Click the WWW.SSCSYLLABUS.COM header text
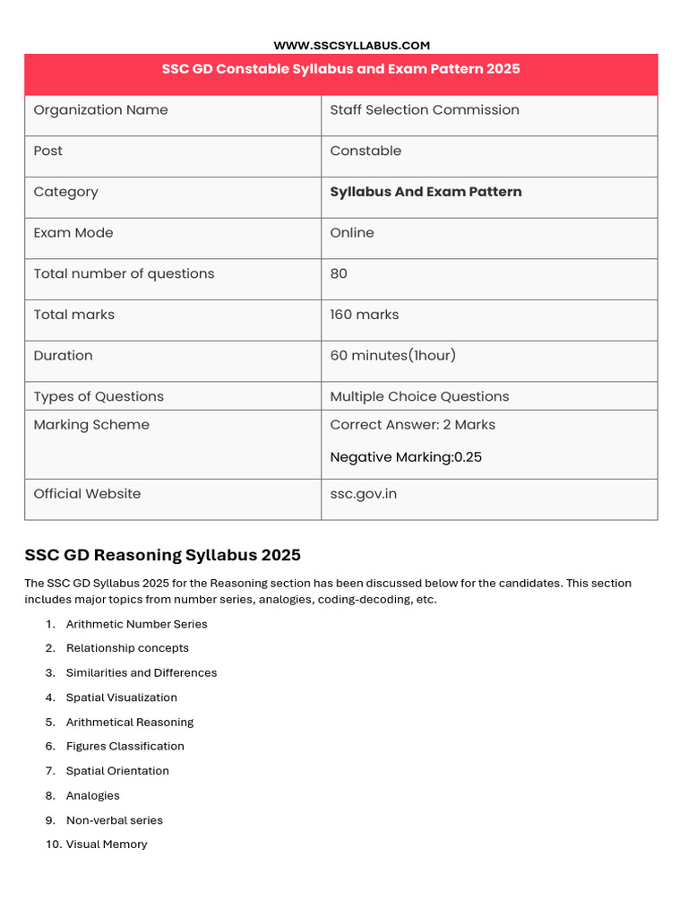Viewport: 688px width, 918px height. click(351, 45)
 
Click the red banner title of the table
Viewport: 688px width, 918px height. click(340, 69)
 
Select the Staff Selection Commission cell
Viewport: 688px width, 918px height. click(424, 110)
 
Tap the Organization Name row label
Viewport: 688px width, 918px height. click(100, 110)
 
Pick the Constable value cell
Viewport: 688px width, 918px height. click(365, 151)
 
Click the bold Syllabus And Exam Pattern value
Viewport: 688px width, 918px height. click(426, 192)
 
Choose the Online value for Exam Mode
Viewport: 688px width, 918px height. click(352, 233)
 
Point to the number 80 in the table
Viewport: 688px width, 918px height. click(339, 273)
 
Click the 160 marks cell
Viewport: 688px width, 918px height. click(364, 315)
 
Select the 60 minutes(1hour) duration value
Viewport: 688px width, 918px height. click(392, 356)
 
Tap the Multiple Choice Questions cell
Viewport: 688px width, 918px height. click(419, 396)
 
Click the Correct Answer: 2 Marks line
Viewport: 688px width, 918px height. click(412, 425)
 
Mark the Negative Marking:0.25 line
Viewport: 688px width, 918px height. click(406, 457)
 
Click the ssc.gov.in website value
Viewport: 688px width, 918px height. click(363, 494)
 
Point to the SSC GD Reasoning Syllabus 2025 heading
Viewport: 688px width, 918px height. click(162, 555)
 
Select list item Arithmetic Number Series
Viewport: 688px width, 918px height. click(136, 624)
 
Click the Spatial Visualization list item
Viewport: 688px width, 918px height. click(121, 697)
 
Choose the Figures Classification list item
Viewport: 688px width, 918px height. click(125, 746)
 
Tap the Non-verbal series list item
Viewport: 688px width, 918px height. click(114, 820)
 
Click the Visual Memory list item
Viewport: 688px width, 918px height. click(107, 844)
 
